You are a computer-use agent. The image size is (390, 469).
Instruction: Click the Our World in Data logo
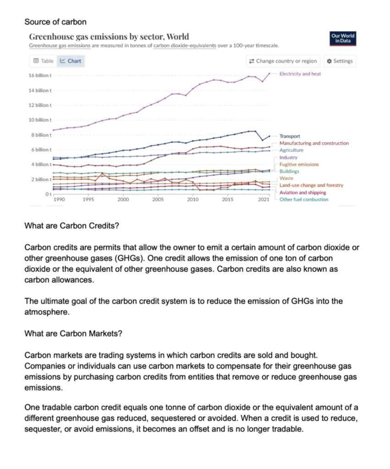(x=343, y=39)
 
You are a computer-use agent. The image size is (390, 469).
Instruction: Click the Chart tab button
(x=71, y=61)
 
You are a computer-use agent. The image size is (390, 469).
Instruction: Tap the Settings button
(x=340, y=61)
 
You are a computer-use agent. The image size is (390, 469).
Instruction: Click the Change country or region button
(x=282, y=61)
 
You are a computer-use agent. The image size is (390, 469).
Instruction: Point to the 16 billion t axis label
(x=40, y=75)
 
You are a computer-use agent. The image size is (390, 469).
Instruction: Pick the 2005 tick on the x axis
(x=158, y=200)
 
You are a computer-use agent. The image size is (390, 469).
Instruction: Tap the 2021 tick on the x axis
(x=264, y=200)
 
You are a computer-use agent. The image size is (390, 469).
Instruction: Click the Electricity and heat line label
(x=300, y=74)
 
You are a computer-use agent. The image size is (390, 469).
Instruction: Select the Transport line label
(x=290, y=136)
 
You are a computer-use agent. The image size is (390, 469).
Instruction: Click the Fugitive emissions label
(x=299, y=164)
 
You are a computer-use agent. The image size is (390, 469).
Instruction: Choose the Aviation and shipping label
(x=303, y=193)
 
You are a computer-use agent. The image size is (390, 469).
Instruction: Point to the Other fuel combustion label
(x=304, y=200)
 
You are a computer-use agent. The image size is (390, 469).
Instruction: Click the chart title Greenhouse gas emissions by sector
(x=109, y=36)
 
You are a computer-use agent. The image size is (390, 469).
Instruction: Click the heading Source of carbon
(x=55, y=22)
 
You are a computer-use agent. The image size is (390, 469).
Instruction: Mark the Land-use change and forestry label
(x=311, y=185)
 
